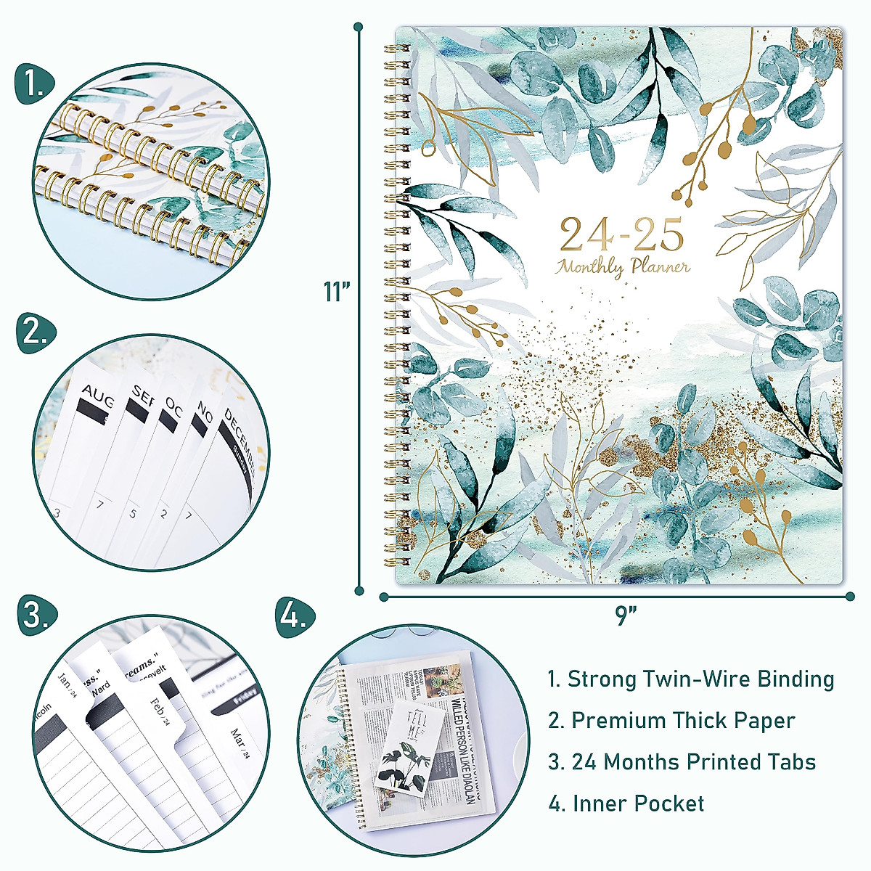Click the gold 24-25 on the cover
(x=622, y=234)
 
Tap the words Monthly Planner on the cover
(x=623, y=266)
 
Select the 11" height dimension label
(x=338, y=292)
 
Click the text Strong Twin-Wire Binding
(x=690, y=679)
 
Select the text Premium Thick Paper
(x=671, y=721)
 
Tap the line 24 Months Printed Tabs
(x=682, y=762)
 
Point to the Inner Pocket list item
(x=626, y=803)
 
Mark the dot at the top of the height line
(x=359, y=28)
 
